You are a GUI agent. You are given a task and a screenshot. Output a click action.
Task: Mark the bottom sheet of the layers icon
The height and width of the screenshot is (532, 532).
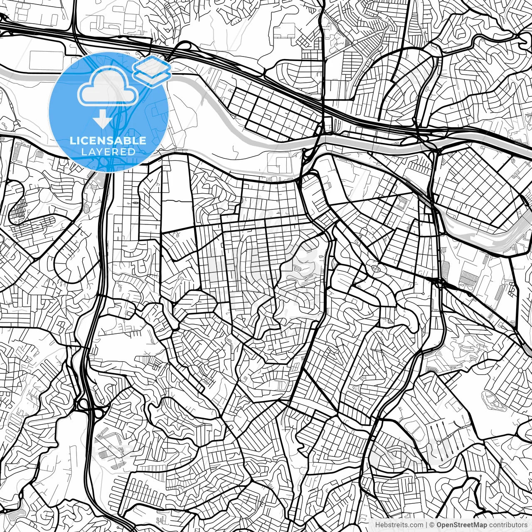(152, 78)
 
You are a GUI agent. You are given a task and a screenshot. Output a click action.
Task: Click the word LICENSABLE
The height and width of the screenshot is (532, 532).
(108, 140)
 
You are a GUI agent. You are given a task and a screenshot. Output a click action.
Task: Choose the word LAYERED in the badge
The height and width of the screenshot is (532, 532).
(108, 152)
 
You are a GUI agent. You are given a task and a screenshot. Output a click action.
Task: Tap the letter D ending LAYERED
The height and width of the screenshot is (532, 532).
(132, 152)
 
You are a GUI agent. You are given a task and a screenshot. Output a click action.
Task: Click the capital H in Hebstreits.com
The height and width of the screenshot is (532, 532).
(377, 525)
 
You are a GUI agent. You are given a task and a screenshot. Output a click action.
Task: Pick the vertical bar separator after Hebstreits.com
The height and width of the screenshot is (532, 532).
(426, 525)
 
